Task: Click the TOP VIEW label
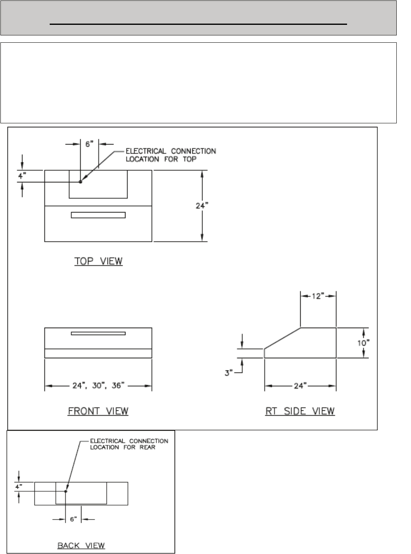click(99, 261)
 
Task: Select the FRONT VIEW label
click(98, 411)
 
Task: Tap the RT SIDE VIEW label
click(300, 411)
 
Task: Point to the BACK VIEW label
click(81, 546)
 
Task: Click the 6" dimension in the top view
click(89, 144)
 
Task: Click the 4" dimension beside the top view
click(22, 176)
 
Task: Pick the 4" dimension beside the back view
click(19, 487)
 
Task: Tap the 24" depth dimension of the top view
click(202, 206)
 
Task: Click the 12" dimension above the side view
click(318, 296)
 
